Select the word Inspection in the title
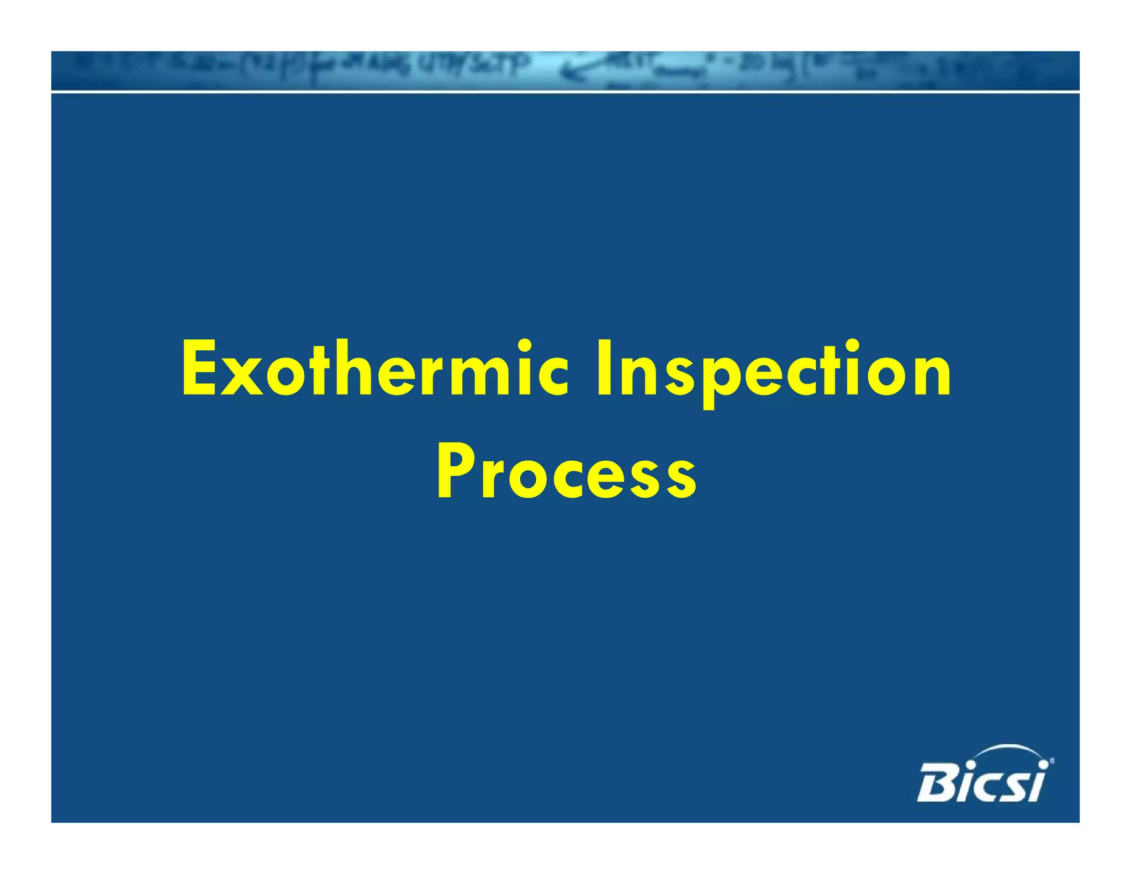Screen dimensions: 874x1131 [x=773, y=369]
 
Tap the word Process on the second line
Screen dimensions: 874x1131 [x=567, y=472]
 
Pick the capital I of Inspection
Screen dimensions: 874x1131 [x=603, y=369]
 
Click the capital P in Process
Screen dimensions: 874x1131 [x=454, y=470]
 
